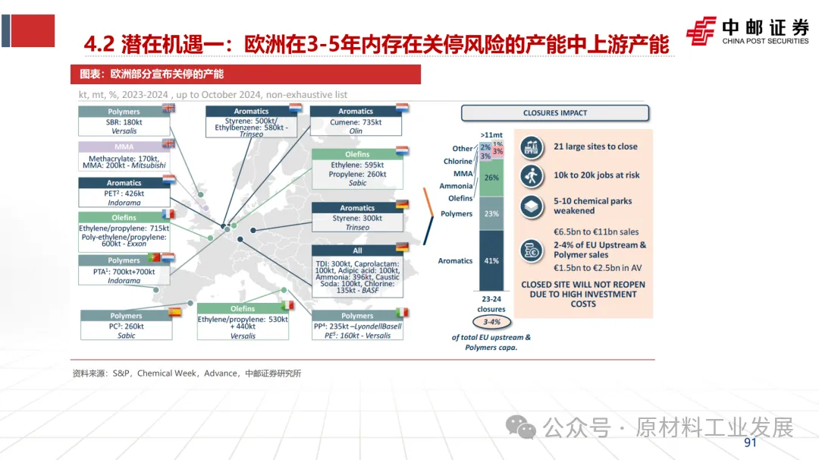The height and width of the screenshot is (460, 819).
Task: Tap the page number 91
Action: [x=751, y=443]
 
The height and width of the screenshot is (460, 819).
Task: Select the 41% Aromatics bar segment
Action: [x=491, y=260]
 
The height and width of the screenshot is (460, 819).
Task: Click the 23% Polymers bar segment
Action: [x=491, y=213]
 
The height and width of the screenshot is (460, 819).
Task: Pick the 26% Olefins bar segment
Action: [x=491, y=178]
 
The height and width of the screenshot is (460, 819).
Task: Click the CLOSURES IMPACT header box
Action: [x=555, y=113]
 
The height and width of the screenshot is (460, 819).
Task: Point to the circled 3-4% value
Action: [x=491, y=322]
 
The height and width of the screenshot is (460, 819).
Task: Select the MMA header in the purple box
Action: [x=124, y=147]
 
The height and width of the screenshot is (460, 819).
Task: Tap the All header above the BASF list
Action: [x=358, y=250]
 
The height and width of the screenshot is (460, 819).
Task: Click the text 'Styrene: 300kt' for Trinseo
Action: [x=356, y=219]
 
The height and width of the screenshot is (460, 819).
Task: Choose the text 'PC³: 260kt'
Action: [x=126, y=326]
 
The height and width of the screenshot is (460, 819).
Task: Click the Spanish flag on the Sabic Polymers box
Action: [x=174, y=312]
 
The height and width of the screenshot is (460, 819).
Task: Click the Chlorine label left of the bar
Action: [x=458, y=162]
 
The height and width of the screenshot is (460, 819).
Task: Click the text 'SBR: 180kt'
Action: [x=124, y=121]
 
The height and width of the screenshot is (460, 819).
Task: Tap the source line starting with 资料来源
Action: [x=187, y=373]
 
